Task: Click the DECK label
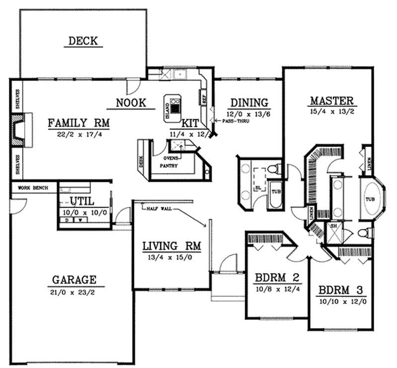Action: point(83,41)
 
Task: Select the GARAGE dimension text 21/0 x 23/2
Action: point(76,292)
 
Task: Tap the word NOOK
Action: point(131,103)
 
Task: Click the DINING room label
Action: point(249,103)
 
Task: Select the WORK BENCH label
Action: point(32,188)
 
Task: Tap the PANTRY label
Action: point(170,166)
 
